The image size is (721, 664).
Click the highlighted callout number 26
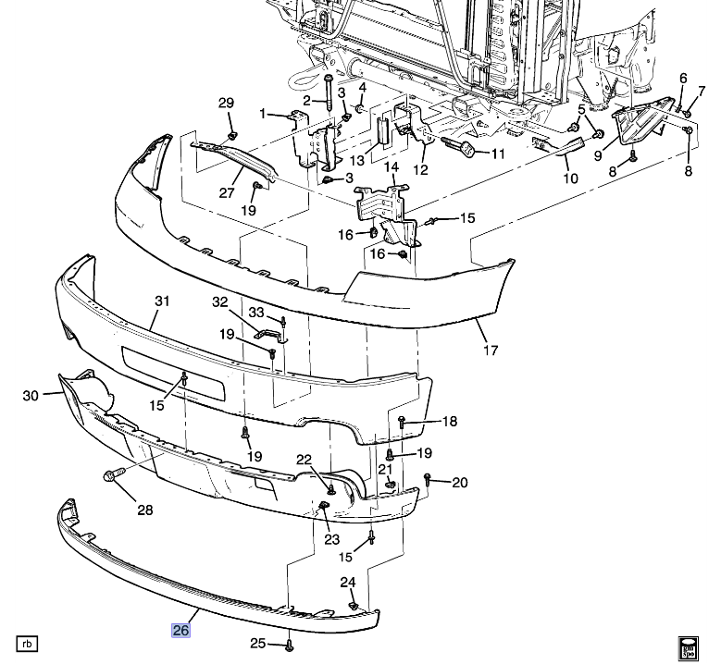[x=180, y=631]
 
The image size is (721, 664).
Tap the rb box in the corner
[x=27, y=643]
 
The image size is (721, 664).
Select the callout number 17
[x=491, y=350]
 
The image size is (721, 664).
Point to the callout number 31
[x=162, y=301]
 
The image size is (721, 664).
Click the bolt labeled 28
[x=110, y=477]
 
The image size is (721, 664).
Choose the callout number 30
[x=31, y=396]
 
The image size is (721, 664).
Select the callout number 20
[x=460, y=482]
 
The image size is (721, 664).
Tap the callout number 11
[x=497, y=154]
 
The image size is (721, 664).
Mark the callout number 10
[x=570, y=178]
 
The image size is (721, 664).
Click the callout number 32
[x=218, y=301]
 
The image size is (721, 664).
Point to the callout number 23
[x=331, y=538]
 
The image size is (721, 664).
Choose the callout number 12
[x=420, y=169]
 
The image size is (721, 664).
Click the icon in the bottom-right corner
[x=689, y=647]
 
